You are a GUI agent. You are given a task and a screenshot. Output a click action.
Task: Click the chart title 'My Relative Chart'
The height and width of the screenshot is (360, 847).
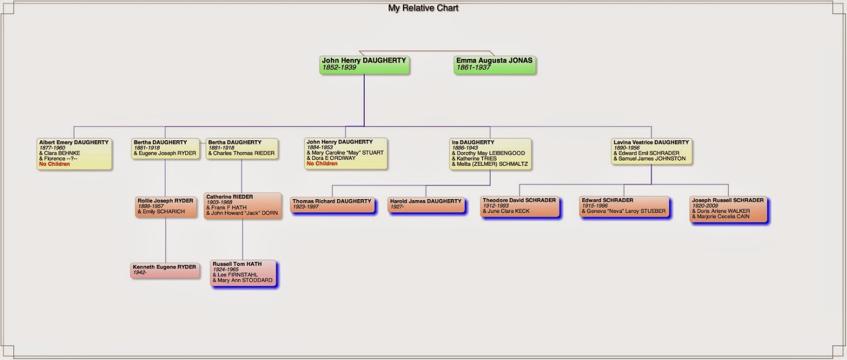423,8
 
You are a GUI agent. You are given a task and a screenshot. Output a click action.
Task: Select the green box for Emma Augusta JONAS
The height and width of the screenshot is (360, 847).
494,65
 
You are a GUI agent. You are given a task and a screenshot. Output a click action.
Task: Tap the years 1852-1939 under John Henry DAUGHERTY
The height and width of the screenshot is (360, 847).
339,67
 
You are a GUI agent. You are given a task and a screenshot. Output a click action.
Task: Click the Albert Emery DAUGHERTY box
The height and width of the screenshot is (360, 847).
74,154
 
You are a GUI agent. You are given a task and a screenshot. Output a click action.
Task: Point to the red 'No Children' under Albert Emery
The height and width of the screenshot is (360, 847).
55,164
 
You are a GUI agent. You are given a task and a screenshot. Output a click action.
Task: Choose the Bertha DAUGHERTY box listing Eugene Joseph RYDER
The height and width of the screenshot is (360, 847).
165,148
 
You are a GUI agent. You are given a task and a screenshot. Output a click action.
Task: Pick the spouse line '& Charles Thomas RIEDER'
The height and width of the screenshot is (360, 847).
241,153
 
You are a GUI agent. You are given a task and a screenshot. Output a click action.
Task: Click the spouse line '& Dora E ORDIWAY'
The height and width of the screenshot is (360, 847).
331,158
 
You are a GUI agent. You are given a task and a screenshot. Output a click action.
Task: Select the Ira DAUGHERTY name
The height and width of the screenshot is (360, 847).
473,142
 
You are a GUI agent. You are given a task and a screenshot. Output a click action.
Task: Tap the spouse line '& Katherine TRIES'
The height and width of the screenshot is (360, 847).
474,158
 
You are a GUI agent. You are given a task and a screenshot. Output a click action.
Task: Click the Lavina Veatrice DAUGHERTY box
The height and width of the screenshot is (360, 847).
652,151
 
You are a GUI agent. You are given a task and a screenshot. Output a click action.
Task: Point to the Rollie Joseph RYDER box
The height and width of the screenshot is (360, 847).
166,207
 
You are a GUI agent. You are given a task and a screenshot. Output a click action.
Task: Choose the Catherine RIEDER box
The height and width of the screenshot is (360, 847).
243,206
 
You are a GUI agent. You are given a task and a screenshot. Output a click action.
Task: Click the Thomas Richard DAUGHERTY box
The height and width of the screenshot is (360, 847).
332,204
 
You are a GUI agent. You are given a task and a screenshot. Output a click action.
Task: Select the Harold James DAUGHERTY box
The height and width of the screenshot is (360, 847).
426,204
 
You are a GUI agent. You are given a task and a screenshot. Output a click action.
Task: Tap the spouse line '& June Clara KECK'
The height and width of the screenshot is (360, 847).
506,211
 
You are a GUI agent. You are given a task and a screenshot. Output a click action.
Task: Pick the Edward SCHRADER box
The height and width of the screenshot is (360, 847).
624,207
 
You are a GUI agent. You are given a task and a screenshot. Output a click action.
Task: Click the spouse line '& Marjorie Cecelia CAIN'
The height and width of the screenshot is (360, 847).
720,217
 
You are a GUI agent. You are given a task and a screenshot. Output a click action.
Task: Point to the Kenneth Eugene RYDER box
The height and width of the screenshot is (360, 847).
165,271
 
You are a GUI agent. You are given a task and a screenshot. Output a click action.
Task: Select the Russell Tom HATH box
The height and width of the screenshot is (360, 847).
243,273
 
